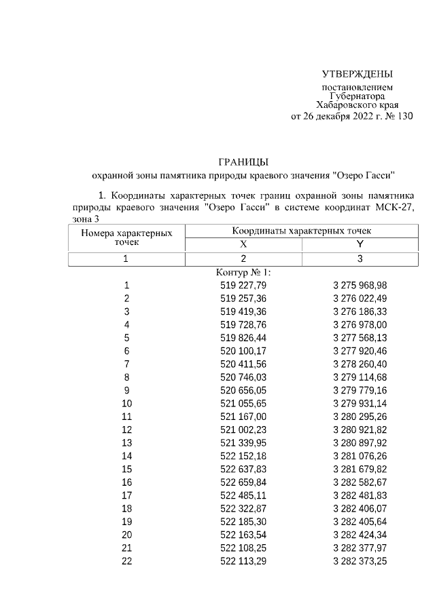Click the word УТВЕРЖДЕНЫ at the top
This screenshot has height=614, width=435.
358,74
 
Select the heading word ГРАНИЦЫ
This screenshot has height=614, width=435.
243,161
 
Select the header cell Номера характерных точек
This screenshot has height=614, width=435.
126,237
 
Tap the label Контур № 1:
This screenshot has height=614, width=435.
243,273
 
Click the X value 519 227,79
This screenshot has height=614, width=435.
243,285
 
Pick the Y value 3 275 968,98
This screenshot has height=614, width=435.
360,285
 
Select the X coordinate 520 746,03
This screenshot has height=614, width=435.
243,377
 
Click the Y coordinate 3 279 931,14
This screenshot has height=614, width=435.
360,404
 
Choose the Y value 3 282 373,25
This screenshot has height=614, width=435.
360,562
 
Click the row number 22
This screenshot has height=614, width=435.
126,562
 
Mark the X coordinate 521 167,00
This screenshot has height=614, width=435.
243,417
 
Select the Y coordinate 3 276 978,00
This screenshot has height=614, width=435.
360,324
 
